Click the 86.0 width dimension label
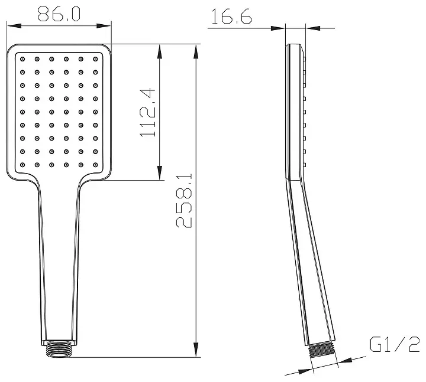pos(59,14)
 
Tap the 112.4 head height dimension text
pos(147,112)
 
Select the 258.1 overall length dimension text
pos(184,201)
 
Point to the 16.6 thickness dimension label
pos(231,17)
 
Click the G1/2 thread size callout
pos(395,344)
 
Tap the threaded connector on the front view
pos(59,348)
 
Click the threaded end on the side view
pos(322,351)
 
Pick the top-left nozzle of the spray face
pos(22,59)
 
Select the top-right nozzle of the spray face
pos(95,59)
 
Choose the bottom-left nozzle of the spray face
pos(22,165)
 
